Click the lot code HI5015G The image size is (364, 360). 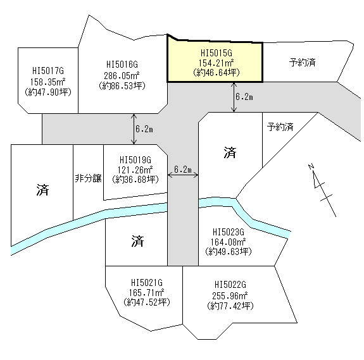tap(217, 53)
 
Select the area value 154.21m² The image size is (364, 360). tap(216, 63)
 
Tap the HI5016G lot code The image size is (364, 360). tap(122, 65)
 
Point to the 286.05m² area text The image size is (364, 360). tap(122, 75)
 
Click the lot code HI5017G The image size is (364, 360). tap(48, 71)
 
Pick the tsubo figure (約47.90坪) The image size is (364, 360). tap(48, 92)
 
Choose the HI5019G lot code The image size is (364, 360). tap(135, 160)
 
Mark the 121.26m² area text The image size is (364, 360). tap(135, 170)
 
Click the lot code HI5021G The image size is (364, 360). tap(147, 283)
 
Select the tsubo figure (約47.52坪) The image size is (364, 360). tap(147, 302)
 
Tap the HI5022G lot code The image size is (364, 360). tap(230, 285)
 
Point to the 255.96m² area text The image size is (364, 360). tap(230, 295)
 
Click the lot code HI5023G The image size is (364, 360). tap(229, 232)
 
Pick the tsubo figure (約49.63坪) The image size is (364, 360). tap(229, 251)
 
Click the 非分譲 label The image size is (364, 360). tap(88, 178)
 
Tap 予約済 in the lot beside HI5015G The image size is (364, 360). tap(302, 63)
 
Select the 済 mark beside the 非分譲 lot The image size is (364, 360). tap(42, 190)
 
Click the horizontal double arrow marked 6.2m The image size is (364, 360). tap(183, 175)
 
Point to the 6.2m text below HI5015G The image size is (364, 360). tap(244, 97)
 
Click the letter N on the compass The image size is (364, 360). tap(311, 166)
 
